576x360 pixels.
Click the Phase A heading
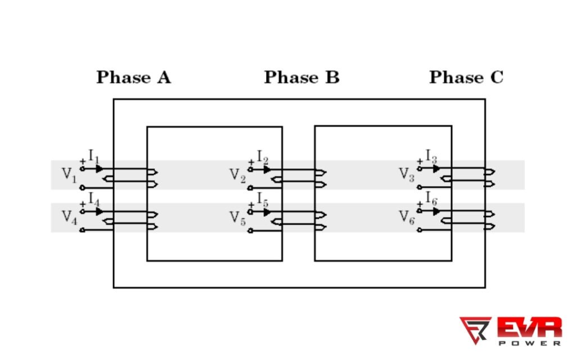(133, 78)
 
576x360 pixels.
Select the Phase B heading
(301, 78)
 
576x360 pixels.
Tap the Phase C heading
(466, 78)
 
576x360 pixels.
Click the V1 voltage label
(69, 175)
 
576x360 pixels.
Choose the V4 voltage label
(69, 217)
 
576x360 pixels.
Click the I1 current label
(94, 156)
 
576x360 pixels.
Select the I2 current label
(262, 156)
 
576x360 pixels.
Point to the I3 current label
(431, 155)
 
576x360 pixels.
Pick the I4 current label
(94, 199)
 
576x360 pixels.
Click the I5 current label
(262, 199)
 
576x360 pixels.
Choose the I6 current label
(431, 198)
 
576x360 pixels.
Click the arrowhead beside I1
(99, 168)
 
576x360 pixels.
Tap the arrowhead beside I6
(436, 211)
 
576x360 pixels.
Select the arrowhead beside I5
(267, 211)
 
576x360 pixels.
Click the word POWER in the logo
(530, 341)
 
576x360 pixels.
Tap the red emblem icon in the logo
(475, 330)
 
